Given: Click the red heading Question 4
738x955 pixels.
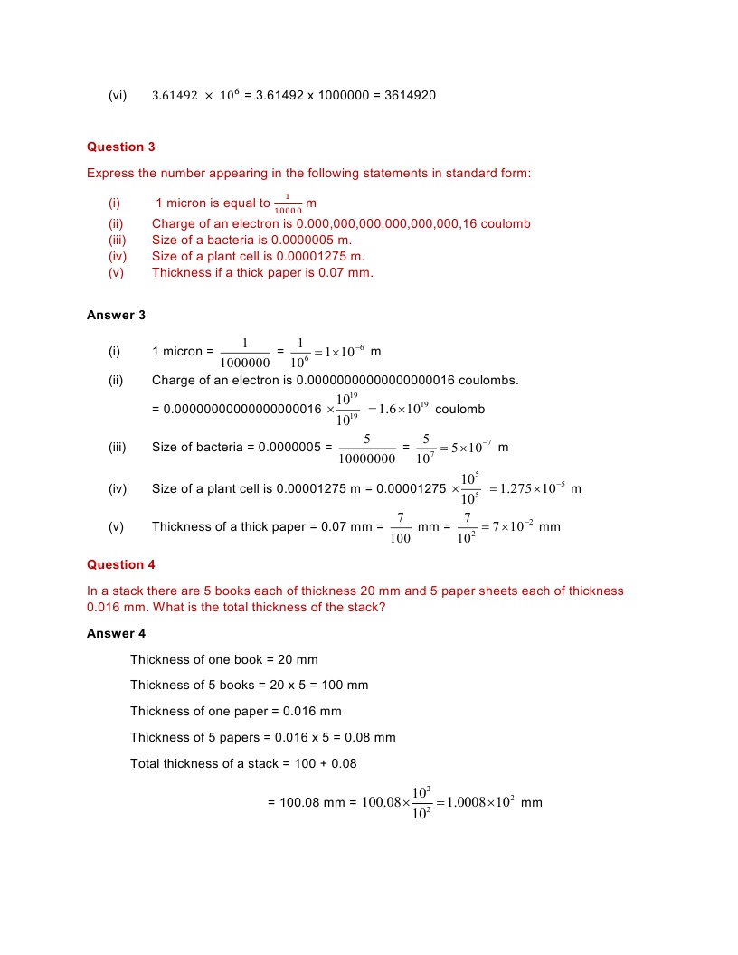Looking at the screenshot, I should click(121, 564).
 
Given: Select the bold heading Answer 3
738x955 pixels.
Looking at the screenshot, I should click(116, 315).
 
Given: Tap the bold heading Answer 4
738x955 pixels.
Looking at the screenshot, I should click(116, 633).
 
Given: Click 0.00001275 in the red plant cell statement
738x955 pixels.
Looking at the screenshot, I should click(312, 256).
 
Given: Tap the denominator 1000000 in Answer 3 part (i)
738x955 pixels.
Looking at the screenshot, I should click(244, 362).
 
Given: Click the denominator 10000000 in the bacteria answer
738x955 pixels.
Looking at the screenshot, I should click(366, 459).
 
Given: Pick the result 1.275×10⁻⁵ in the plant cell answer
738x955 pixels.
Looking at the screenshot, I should click(532, 489).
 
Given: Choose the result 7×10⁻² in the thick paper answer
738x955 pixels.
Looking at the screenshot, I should click(508, 527).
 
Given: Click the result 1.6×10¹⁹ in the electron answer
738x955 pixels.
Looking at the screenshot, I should click(400, 410).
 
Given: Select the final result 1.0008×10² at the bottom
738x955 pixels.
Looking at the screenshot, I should click(481, 802).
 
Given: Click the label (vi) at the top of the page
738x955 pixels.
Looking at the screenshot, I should click(118, 95).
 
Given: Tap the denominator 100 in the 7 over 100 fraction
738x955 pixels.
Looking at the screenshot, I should click(400, 539).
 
